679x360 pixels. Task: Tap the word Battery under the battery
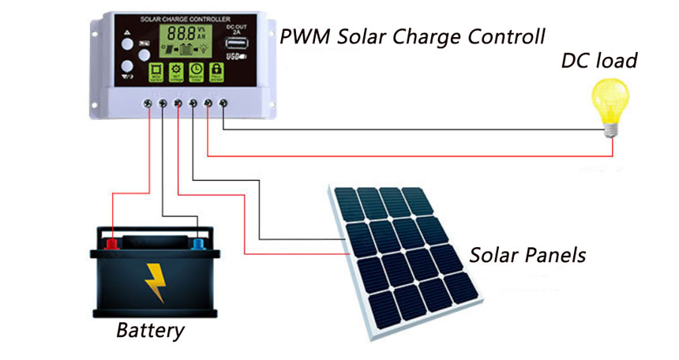(x=150, y=330)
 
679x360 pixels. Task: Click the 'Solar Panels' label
(x=527, y=256)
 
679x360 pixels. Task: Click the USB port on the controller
(x=237, y=58)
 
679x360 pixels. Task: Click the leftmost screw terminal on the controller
(x=148, y=103)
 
